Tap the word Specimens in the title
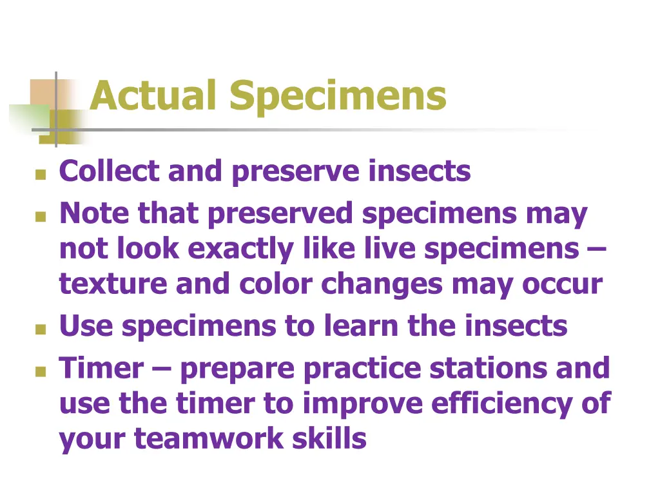pos(338,97)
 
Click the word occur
pos(563,284)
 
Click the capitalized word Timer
pos(102,368)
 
